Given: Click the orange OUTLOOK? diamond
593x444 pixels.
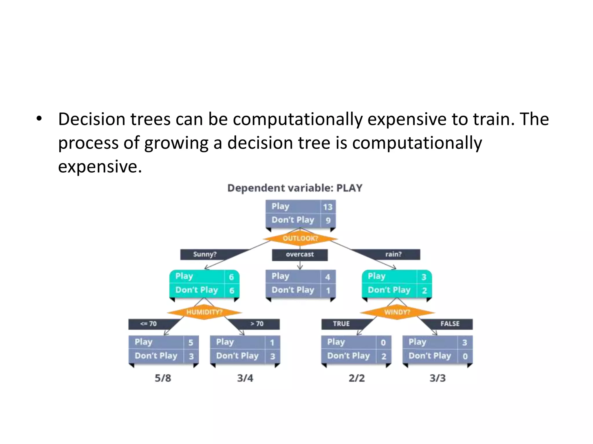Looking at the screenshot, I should click(300, 238).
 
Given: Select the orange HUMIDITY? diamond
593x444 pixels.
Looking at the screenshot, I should click(204, 312).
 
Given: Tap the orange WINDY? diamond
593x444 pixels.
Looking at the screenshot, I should click(397, 312).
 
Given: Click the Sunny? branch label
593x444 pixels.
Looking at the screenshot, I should click(205, 254).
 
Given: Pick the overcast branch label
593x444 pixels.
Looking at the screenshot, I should click(300, 254).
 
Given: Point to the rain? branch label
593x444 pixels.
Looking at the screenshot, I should click(393, 254).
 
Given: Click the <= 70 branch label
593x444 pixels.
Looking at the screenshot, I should click(148, 324).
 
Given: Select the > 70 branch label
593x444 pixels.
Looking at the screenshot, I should click(257, 324).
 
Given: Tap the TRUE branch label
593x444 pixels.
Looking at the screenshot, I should click(341, 324).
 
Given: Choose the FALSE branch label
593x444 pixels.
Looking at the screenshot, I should click(450, 324).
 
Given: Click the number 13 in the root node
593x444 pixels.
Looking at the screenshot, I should click(328, 207).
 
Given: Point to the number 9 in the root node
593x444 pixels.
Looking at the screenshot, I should click(328, 220).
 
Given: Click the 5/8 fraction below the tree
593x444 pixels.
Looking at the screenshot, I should click(163, 378).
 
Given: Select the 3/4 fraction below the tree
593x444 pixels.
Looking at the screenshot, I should click(245, 378).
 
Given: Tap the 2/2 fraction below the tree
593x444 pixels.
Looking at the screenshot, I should click(356, 378).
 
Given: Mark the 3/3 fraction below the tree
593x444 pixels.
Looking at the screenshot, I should click(438, 378).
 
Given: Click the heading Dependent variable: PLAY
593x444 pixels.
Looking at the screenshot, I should click(295, 188).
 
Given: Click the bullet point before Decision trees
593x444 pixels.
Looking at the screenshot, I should click(39, 119).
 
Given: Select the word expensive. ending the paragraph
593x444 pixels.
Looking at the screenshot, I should click(100, 167).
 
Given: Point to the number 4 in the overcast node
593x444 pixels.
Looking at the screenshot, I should click(327, 277).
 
